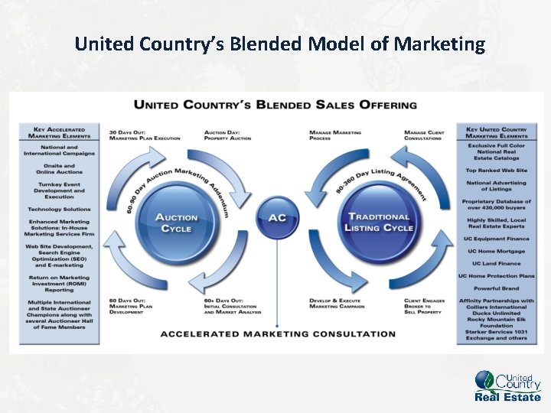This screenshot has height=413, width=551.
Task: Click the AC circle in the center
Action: (x=277, y=217)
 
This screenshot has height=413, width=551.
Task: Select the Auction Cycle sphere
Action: (x=177, y=223)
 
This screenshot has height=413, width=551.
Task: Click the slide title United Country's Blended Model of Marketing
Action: (x=280, y=44)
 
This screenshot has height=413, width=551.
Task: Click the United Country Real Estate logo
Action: (x=508, y=385)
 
